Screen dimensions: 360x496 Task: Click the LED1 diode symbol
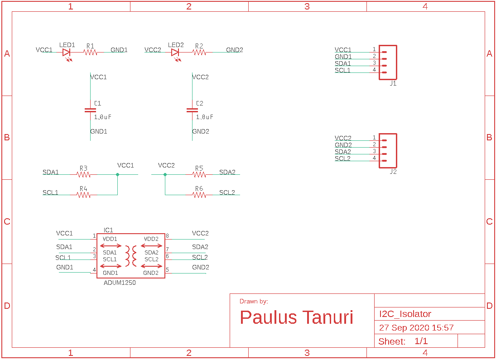[67, 53]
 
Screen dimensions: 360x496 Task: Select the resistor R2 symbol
[199, 53]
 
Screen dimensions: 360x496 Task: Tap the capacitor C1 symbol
[90, 110]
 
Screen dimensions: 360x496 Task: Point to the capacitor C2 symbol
[192, 110]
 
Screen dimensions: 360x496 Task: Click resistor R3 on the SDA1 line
[83, 174]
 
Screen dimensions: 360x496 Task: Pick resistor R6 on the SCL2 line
[199, 195]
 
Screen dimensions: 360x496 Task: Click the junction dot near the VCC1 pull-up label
[118, 174]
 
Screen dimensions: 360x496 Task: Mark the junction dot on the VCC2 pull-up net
[165, 174]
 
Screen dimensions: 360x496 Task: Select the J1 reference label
[393, 84]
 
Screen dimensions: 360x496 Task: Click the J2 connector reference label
[393, 172]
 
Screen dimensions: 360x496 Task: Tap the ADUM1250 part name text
[120, 283]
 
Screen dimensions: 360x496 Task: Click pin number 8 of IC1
[167, 236]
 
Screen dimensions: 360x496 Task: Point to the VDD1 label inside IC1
[110, 239]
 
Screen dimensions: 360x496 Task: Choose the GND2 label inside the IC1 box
[151, 273]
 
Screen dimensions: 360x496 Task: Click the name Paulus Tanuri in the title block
[296, 317]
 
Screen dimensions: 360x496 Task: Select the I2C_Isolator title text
[405, 314]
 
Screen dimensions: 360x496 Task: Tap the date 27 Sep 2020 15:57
[416, 328]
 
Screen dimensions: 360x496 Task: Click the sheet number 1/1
[421, 341]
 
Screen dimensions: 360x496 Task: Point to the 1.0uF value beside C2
[204, 117]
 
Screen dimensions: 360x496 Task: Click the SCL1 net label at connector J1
[342, 70]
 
